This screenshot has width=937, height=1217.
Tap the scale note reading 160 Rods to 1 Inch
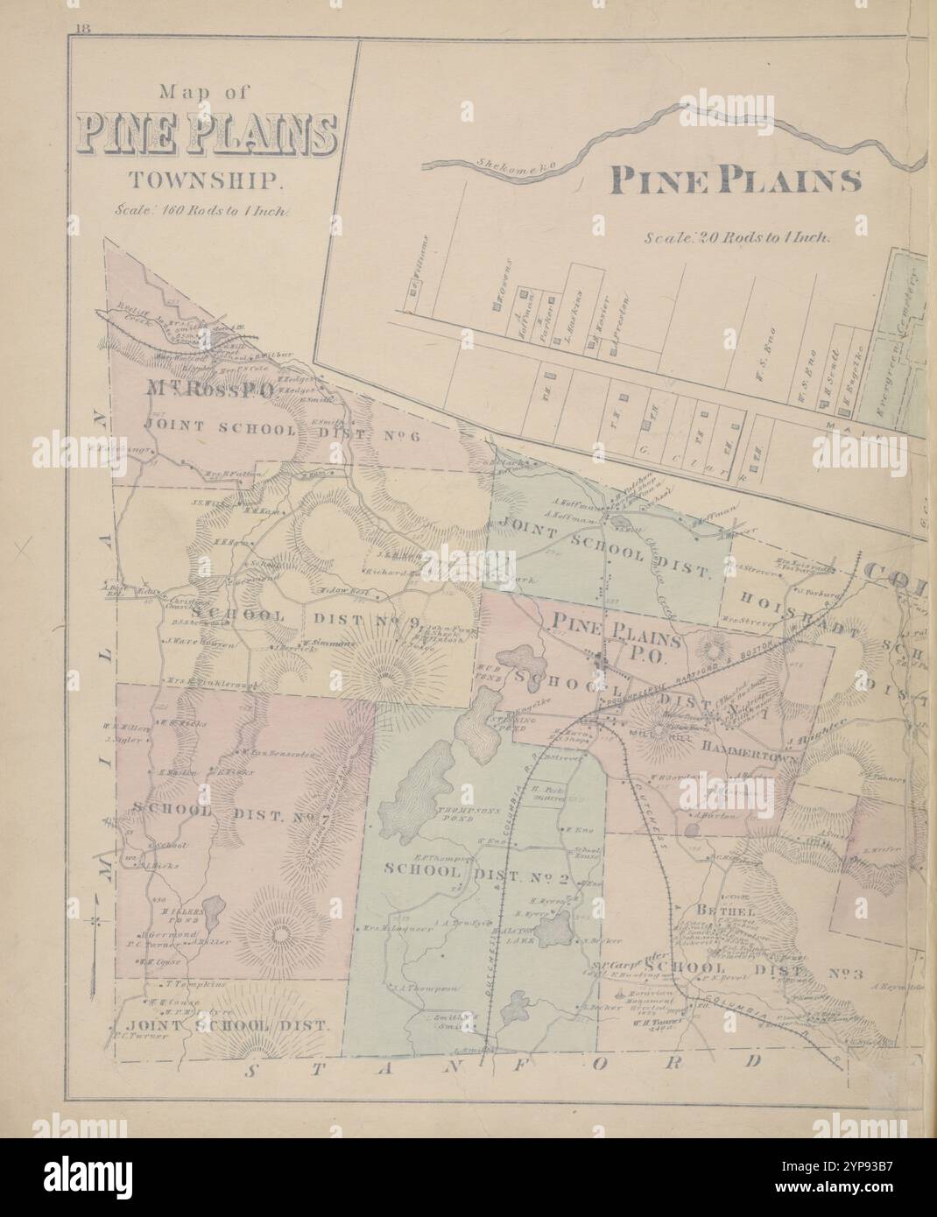tap(208, 210)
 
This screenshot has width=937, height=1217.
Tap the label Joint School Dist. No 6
tap(289, 426)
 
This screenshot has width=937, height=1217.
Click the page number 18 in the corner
tap(83, 28)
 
